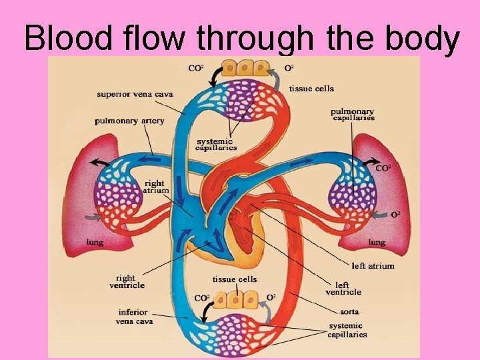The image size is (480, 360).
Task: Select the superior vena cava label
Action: click(x=135, y=94)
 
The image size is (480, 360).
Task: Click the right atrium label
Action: click(x=155, y=187)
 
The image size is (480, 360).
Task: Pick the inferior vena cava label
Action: click(x=136, y=316)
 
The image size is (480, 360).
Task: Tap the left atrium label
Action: click(x=373, y=265)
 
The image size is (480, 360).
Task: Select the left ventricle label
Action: click(x=343, y=287)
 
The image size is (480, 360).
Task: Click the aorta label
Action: click(x=349, y=311)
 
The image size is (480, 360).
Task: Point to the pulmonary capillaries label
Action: click(x=353, y=115)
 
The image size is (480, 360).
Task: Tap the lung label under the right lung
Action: click(x=377, y=243)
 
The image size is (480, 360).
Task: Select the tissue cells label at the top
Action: click(x=311, y=89)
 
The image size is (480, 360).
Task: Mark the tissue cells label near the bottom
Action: click(x=235, y=279)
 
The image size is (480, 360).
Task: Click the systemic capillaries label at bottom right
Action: click(x=347, y=330)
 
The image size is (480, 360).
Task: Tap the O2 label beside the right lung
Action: click(x=395, y=215)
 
